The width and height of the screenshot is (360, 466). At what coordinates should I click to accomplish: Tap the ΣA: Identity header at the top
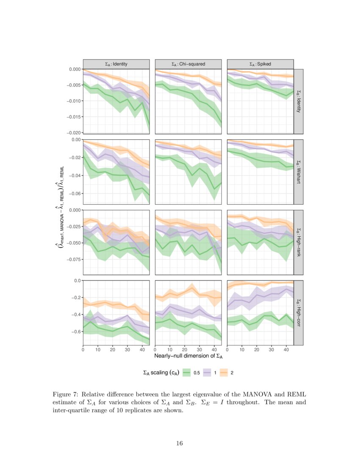pyautogui.click(x=116, y=64)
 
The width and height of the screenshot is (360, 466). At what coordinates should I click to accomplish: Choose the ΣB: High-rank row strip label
pyautogui.click(x=298, y=242)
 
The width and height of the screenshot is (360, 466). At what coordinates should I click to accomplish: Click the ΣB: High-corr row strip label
pyautogui.click(x=298, y=313)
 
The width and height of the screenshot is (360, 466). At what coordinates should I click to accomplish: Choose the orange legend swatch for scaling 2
pyautogui.click(x=223, y=373)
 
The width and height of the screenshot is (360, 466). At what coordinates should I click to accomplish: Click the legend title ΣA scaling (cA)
pyautogui.click(x=161, y=373)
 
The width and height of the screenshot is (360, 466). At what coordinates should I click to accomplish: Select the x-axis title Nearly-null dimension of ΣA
pyautogui.click(x=188, y=356)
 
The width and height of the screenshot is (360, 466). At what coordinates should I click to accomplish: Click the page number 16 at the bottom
pyautogui.click(x=180, y=444)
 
